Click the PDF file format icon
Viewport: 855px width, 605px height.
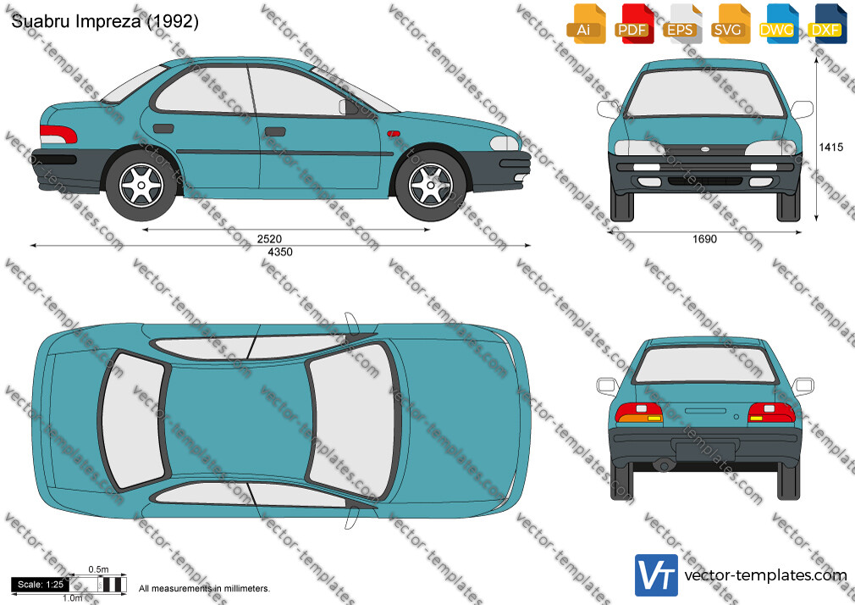point(633,24)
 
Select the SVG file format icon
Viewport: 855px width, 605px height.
point(731,24)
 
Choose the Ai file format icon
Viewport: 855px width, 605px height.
point(586,24)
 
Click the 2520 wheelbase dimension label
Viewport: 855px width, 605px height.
point(269,239)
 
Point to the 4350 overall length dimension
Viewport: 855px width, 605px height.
point(279,252)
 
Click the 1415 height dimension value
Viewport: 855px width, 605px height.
point(831,147)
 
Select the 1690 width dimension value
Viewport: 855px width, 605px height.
point(704,239)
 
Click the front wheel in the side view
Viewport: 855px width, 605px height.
point(431,185)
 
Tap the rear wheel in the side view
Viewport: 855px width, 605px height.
point(141,185)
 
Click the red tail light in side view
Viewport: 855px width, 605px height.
point(58,134)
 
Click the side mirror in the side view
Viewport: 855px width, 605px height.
point(347,107)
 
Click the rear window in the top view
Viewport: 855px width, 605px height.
point(132,420)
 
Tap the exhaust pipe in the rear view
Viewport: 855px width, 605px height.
point(664,466)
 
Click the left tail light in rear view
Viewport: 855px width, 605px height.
point(638,413)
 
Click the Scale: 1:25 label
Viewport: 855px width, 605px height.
point(41,585)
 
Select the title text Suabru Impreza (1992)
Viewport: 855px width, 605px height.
point(105,21)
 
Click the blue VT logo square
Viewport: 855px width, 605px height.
point(657,575)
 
